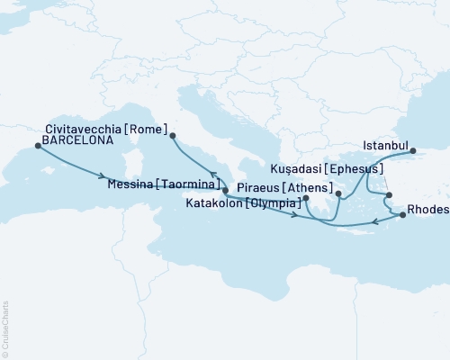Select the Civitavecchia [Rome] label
[98, 129]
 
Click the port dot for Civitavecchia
[172, 136]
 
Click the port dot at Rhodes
[402, 214]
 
